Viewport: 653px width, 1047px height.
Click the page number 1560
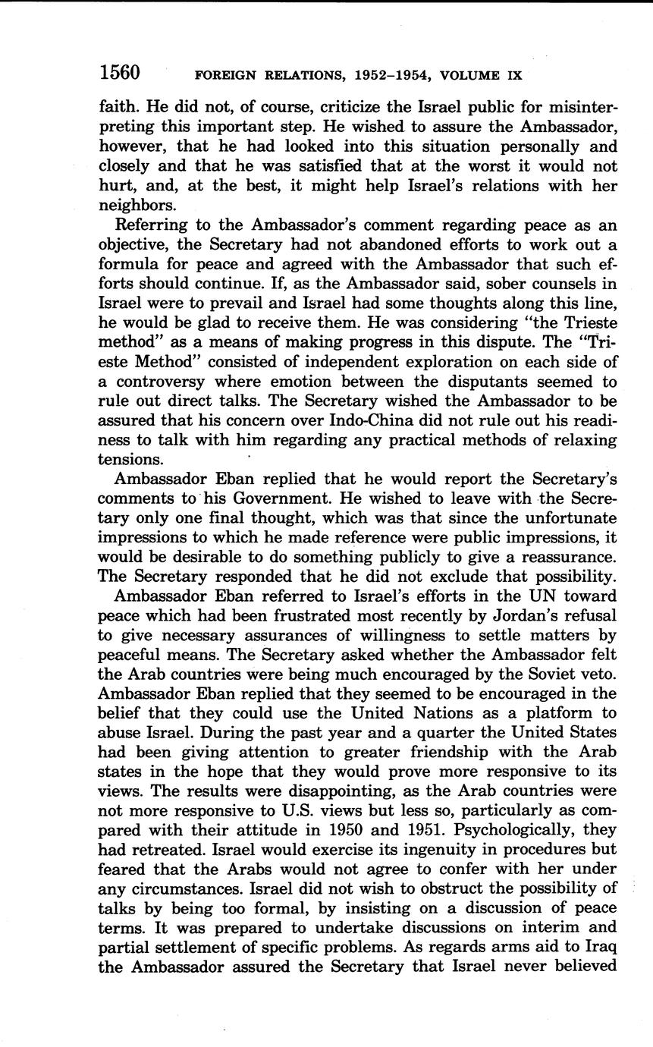120,73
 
